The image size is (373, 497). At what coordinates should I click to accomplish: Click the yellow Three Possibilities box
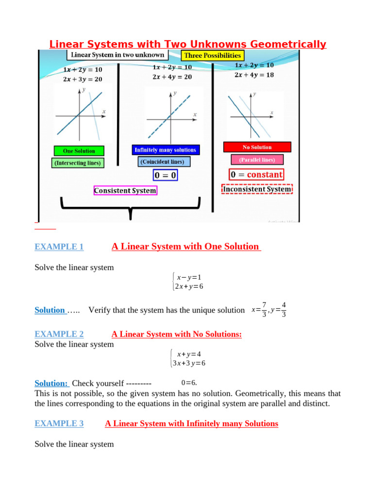tap(212, 56)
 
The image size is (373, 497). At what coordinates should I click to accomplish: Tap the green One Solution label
tap(79, 151)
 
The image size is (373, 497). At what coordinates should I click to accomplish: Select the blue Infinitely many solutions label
tap(166, 150)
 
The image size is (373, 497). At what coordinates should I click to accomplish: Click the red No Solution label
tap(257, 147)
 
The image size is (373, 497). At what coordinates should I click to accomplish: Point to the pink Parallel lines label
tap(257, 159)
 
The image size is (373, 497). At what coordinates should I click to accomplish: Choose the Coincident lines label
tap(163, 162)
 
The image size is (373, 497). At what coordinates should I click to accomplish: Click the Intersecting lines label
tap(78, 163)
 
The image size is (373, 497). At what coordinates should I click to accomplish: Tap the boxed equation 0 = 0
tap(166, 175)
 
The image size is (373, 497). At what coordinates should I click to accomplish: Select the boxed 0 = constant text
tap(256, 174)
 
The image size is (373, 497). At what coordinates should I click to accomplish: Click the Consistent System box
tap(125, 191)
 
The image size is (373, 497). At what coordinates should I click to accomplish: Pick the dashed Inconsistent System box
tap(257, 189)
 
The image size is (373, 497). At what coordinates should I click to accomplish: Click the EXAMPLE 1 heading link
tap(59, 247)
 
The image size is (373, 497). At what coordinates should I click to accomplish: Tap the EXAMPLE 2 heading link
tap(59, 334)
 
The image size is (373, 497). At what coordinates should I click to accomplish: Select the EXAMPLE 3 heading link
tap(59, 424)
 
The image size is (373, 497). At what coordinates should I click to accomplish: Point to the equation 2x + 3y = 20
tap(83, 79)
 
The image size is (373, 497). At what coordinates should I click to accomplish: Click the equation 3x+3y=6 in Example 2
tap(190, 363)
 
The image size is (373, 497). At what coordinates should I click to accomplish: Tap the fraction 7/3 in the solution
tap(264, 310)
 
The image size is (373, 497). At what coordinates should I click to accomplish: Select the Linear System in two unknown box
tap(117, 54)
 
